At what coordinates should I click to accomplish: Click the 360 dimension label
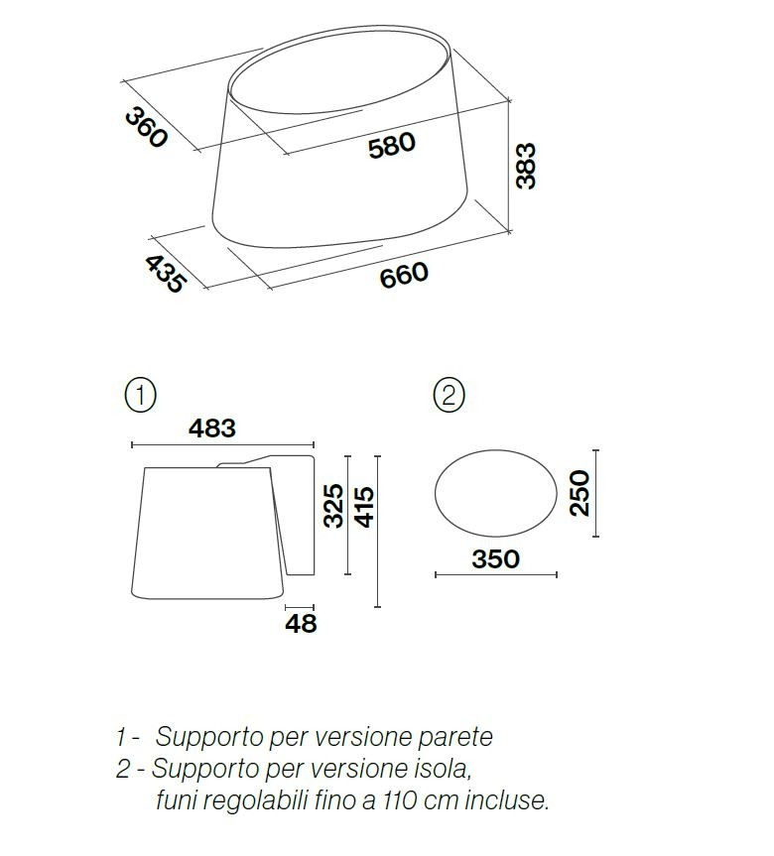pos(145,128)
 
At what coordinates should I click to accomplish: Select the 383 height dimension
pos(526,166)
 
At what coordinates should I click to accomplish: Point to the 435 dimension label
pos(166,274)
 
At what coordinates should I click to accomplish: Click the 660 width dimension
pos(404,275)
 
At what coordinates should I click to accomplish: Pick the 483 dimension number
pos(212,428)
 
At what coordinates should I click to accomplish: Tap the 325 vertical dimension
pos(333,506)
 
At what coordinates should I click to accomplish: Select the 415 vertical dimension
pos(364,507)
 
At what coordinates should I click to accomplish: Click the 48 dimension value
pos(301,624)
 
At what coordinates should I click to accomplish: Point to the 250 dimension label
pos(580,493)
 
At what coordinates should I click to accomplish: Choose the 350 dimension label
pos(495,559)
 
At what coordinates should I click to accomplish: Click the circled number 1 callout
pos(140,395)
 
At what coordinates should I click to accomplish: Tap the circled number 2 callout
pos(449,395)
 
